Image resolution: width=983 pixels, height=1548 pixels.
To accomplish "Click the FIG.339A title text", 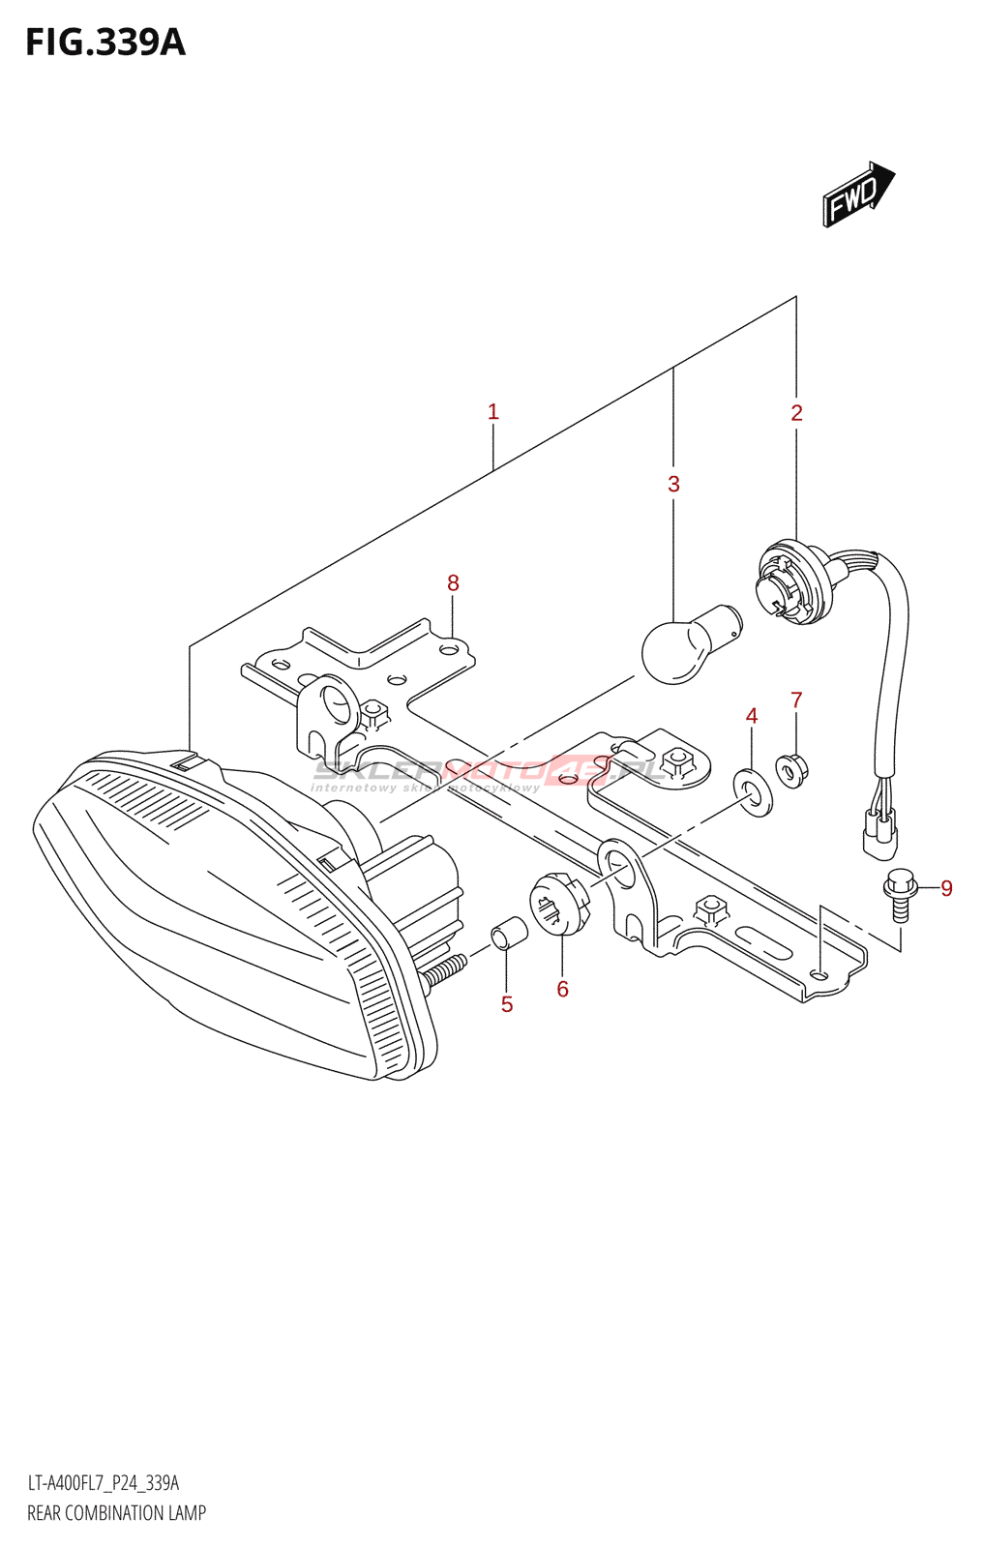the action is pos(104,43).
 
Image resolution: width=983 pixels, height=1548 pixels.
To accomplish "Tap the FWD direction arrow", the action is pos(857,194).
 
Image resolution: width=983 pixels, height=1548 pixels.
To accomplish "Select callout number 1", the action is pos(493,412).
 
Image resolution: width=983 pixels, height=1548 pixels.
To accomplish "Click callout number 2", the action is pos(796,413).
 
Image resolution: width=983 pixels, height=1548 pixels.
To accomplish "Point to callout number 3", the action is pos(674,484).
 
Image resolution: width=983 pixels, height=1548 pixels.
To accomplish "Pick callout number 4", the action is pos(752,716).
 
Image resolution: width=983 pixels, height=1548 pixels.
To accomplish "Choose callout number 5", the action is pos(507,1004).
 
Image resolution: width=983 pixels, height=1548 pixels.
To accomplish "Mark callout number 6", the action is pos(562,989).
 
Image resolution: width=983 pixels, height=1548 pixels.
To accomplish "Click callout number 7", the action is pos(796,700).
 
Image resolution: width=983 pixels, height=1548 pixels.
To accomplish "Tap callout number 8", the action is pos(453,583).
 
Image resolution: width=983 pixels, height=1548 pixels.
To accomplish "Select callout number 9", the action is pos(946,888).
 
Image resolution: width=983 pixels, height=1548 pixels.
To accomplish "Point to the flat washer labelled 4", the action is pos(755,790).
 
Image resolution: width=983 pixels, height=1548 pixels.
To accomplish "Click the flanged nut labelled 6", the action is pos(558,904).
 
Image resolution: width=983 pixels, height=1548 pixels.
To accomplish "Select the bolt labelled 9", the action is pos(899,895).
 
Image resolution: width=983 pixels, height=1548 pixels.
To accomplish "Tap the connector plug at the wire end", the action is pos(879,833).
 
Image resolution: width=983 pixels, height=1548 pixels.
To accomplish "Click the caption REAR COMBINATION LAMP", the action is pos(116,1513).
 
